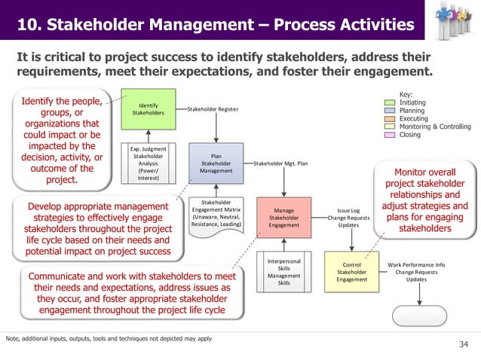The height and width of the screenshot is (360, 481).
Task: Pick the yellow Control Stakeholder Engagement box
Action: tap(351, 273)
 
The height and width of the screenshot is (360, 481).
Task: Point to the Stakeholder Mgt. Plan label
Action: tap(280, 163)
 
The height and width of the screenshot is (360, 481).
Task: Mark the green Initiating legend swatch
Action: tap(391, 102)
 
